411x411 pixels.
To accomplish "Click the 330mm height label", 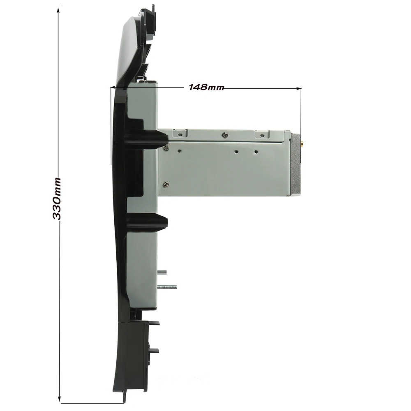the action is point(57,199).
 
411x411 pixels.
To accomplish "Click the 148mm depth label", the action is point(206,87).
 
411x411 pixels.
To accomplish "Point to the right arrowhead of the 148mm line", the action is point(298,89).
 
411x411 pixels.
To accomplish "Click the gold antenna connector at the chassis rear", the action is point(302,143).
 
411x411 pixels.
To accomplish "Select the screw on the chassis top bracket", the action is point(225,135).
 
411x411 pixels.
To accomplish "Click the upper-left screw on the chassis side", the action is point(166,149).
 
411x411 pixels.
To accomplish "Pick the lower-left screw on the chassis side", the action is point(166,185).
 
